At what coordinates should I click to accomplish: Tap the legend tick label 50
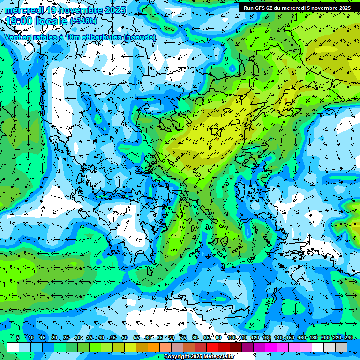124,337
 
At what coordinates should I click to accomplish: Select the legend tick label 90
218,337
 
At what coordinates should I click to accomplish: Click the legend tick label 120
255,337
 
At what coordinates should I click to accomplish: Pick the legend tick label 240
348,337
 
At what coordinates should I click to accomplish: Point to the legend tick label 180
313,337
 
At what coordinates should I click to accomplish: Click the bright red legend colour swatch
212,347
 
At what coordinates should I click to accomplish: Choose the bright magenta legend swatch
271,347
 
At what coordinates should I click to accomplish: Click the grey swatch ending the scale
341,347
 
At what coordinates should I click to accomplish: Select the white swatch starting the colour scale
13,347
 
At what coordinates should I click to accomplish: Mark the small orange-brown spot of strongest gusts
287,101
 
